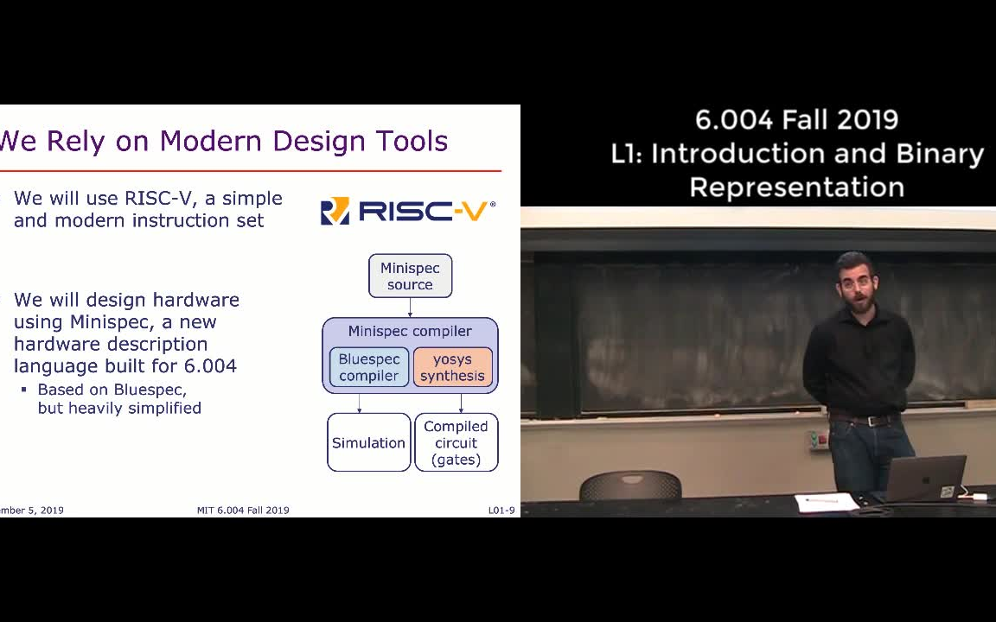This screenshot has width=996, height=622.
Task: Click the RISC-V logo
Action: [x=408, y=211]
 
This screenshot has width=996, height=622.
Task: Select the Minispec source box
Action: [x=410, y=276]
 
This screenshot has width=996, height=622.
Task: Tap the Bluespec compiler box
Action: [x=369, y=367]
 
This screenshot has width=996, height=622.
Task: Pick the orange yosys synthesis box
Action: [x=452, y=367]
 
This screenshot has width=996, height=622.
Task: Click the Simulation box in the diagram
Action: [x=368, y=442]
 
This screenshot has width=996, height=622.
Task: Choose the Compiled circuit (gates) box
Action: [x=456, y=442]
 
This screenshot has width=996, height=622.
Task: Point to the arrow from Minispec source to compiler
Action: [x=410, y=308]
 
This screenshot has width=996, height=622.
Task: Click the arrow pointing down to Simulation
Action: [x=360, y=403]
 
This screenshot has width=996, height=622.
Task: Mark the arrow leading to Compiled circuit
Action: [x=461, y=403]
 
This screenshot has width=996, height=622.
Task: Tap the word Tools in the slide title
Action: [x=412, y=141]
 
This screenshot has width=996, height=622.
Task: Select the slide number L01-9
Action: [x=501, y=511]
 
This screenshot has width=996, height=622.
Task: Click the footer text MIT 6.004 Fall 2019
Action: [x=243, y=511]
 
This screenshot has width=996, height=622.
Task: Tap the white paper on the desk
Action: [x=825, y=501]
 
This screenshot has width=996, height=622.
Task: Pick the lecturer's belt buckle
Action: [x=865, y=421]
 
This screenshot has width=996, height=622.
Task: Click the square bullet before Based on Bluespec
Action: [x=24, y=390]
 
